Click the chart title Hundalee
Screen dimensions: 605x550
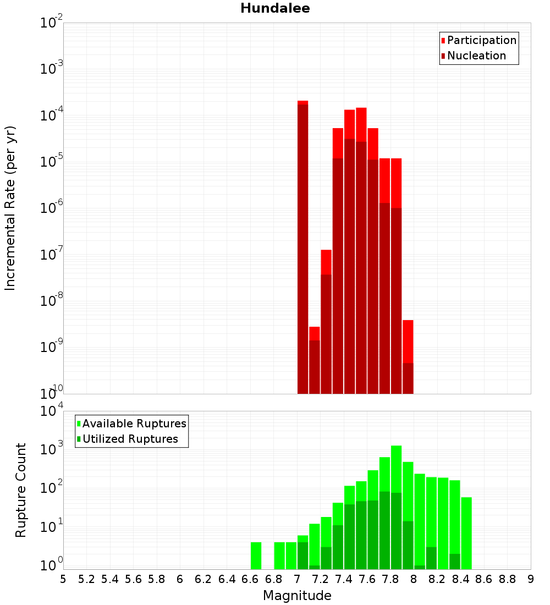pyautogui.click(x=275, y=8)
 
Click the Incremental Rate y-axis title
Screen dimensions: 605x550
pyautogui.click(x=10, y=208)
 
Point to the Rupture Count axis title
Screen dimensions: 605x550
pyautogui.click(x=21, y=490)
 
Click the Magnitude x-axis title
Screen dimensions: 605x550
pyautogui.click(x=297, y=596)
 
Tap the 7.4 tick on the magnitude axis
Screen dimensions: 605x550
pyautogui.click(x=344, y=579)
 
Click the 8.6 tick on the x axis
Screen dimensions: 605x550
pyautogui.click(x=484, y=579)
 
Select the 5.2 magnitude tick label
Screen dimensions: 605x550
pyautogui.click(x=86, y=579)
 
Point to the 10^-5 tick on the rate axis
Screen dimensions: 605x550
pyautogui.click(x=52, y=162)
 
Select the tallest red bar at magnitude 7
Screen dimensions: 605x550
pyautogui.click(x=302, y=248)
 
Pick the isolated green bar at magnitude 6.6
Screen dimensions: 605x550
pyautogui.click(x=256, y=555)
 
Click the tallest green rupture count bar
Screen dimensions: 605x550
pyautogui.click(x=397, y=506)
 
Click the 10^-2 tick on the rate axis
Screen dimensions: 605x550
pyautogui.click(x=52, y=23)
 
